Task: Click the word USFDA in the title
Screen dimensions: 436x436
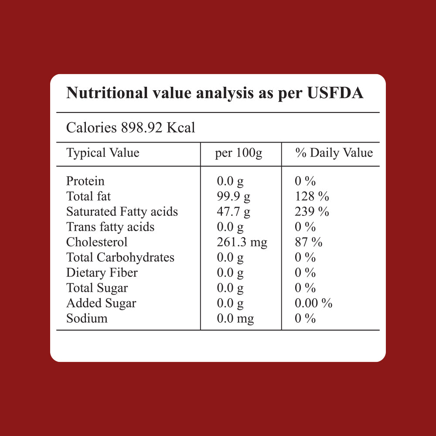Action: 335,93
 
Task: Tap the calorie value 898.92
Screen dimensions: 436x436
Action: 142,128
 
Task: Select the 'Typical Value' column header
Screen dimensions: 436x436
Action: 102,153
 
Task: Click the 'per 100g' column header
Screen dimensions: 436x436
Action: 238,153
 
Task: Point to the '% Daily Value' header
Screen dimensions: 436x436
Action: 334,153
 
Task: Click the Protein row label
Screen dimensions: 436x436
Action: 85,181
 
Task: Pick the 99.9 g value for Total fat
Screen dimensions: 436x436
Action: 234,197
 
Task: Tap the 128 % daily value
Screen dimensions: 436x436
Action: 312,196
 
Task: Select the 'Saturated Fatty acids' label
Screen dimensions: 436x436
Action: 122,211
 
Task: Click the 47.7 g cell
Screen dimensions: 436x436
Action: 234,212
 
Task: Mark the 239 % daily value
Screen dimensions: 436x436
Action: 312,211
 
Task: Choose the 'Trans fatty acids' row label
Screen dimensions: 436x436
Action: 110,227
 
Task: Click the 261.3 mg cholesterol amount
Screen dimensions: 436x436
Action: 242,242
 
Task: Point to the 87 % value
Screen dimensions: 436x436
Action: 309,242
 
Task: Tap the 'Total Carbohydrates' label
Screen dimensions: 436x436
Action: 120,258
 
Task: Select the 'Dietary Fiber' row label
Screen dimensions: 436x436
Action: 102,272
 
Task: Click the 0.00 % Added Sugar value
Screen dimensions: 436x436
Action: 313,303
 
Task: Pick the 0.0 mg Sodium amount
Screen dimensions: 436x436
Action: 235,319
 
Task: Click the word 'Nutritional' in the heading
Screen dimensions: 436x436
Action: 107,93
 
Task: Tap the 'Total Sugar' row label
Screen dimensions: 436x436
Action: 97,288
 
